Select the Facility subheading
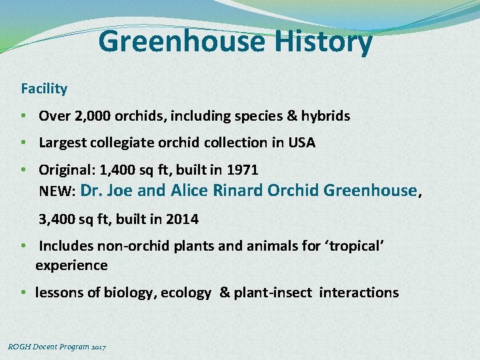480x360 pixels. (x=44, y=88)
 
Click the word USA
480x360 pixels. (x=301, y=143)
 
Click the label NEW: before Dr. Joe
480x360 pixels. (x=57, y=192)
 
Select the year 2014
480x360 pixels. (x=183, y=219)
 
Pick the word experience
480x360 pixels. (x=71, y=265)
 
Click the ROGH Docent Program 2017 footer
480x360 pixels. (x=57, y=347)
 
